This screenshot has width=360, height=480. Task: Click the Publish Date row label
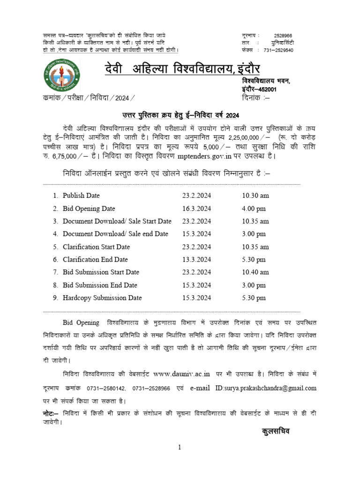[81, 195]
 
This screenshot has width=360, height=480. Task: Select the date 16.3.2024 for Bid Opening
[197, 209]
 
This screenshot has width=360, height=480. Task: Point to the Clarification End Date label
[95, 259]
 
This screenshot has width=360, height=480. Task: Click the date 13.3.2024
[197, 259]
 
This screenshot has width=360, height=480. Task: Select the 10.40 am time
[252, 272]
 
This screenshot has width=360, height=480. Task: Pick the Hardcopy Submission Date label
[102, 298]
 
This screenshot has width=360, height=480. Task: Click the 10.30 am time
[252, 195]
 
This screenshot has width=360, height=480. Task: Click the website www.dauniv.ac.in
[181, 374]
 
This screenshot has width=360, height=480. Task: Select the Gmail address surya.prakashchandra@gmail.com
[266, 388]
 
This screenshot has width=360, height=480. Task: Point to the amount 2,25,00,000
[246, 137]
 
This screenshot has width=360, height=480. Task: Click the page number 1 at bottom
[179, 448]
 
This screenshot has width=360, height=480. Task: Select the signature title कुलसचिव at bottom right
[276, 431]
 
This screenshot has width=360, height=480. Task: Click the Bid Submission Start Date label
[101, 272]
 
